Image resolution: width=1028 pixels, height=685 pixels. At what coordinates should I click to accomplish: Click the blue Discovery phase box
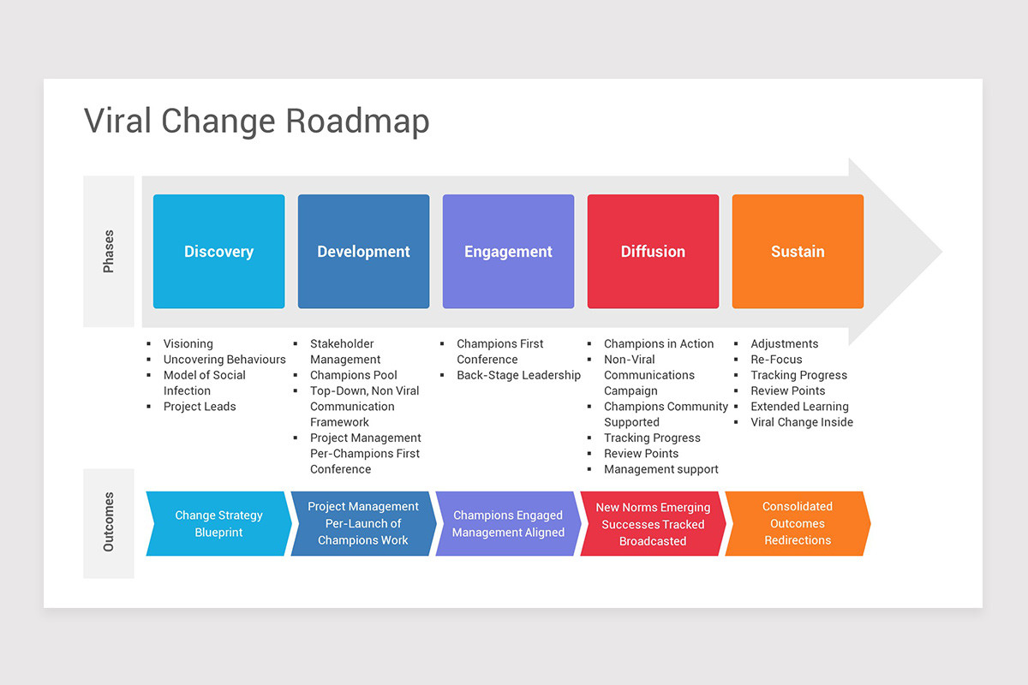[218, 251]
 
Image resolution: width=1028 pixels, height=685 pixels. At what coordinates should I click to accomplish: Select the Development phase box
[363, 251]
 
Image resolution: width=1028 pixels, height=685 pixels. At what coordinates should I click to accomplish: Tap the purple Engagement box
[508, 251]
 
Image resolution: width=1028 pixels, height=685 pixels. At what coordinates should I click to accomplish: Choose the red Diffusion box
[653, 251]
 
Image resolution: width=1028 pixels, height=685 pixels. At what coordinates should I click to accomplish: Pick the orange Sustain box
[798, 251]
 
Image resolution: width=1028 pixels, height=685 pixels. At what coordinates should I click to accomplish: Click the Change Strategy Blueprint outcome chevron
[218, 524]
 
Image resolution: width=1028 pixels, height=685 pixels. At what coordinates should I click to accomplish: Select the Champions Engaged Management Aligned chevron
[508, 524]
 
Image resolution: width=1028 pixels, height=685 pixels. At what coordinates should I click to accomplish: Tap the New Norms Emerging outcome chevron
[653, 524]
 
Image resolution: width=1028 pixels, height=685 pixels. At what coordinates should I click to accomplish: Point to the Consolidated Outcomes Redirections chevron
[798, 523]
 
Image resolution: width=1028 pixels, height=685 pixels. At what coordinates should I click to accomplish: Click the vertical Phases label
[109, 252]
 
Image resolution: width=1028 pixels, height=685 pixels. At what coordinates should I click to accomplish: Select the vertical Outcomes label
[109, 521]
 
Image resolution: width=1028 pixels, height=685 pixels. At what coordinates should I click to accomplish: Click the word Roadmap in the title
[357, 122]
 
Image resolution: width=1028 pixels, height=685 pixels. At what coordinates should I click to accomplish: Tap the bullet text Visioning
[188, 343]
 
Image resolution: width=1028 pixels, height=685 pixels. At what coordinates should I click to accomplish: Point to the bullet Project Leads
[200, 407]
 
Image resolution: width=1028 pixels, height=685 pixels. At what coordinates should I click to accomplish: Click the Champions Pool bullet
[353, 375]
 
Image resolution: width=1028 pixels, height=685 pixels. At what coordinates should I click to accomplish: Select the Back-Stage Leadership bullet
[518, 375]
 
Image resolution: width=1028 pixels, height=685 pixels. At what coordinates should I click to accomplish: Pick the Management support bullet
[660, 469]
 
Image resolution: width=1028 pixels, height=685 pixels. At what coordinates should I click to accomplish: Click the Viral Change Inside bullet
[802, 422]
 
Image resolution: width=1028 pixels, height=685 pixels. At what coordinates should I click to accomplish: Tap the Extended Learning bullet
[799, 407]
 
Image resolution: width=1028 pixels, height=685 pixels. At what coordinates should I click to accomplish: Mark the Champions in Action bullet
[658, 343]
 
